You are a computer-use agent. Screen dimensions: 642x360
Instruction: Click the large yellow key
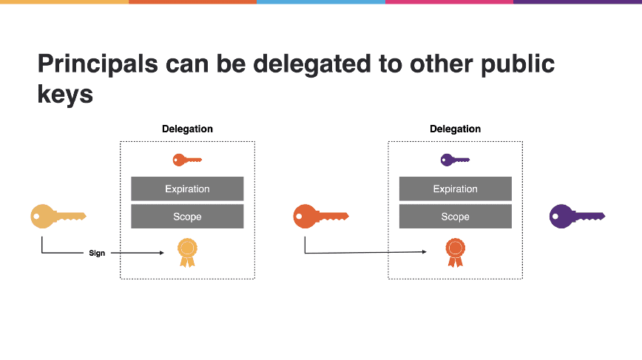pyautogui.click(x=58, y=216)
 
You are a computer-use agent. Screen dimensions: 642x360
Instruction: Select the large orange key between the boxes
pyautogui.click(x=321, y=216)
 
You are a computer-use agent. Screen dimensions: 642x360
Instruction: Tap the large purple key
pyautogui.click(x=578, y=216)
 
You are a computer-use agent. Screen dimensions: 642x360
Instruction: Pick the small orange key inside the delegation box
pyautogui.click(x=188, y=160)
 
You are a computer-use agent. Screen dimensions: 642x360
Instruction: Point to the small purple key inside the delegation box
pyautogui.click(x=456, y=160)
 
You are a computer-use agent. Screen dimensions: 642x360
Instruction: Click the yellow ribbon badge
pyautogui.click(x=188, y=253)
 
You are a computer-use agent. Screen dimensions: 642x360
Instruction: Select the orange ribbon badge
pyautogui.click(x=456, y=253)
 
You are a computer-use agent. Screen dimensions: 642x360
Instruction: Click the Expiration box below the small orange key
pyautogui.click(x=187, y=189)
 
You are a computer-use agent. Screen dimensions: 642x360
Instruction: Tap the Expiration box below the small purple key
pyautogui.click(x=456, y=189)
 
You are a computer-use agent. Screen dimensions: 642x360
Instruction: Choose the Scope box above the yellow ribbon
pyautogui.click(x=187, y=217)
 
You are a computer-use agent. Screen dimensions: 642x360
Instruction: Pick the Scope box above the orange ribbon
pyautogui.click(x=456, y=217)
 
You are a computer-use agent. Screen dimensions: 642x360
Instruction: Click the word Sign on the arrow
pyautogui.click(x=97, y=254)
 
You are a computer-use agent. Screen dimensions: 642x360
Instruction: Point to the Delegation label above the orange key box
pyautogui.click(x=188, y=129)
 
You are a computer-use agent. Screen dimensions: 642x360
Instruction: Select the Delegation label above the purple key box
pyautogui.click(x=456, y=129)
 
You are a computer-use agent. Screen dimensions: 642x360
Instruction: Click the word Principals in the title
pyautogui.click(x=98, y=64)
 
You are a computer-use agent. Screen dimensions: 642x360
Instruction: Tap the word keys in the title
pyautogui.click(x=65, y=95)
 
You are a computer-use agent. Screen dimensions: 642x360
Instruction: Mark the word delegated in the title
pyautogui.click(x=312, y=64)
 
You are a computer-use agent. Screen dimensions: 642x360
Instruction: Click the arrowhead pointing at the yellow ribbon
pyautogui.click(x=162, y=253)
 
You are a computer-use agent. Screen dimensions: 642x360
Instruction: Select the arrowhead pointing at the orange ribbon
pyautogui.click(x=425, y=252)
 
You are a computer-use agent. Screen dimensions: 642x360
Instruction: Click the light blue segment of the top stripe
pyautogui.click(x=321, y=1)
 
